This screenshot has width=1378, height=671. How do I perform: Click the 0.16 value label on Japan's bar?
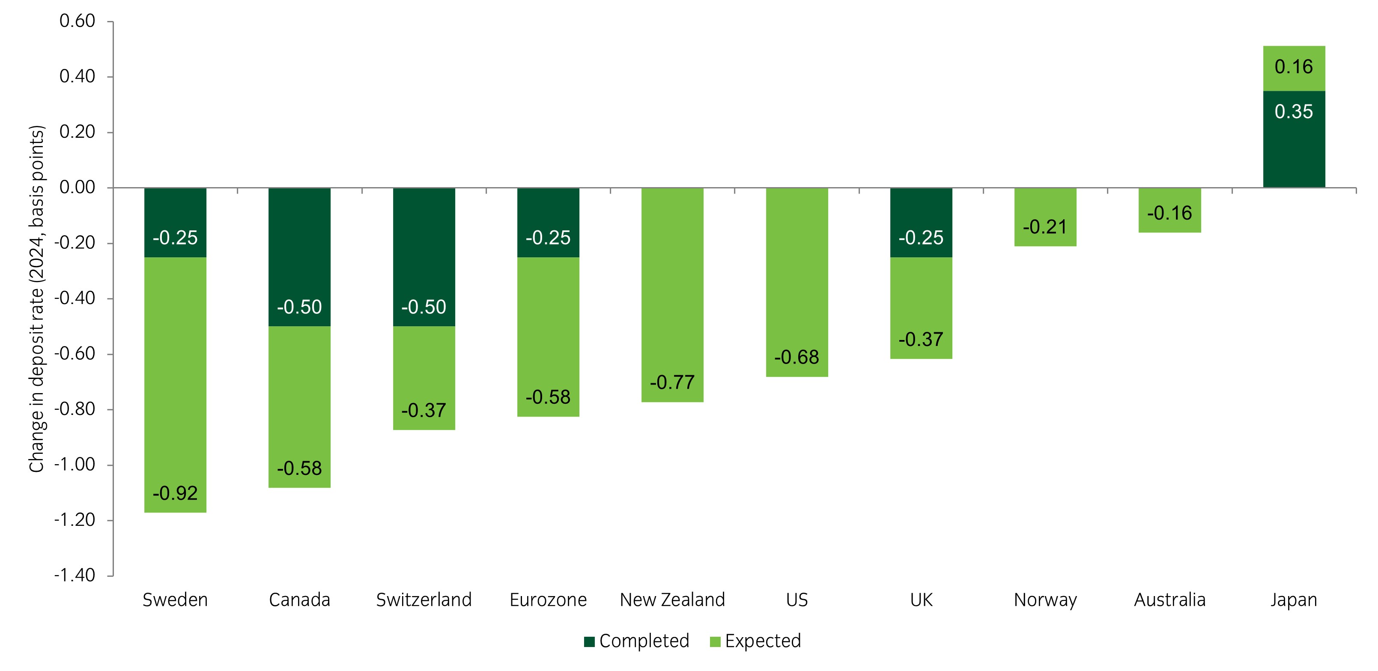pyautogui.click(x=1294, y=67)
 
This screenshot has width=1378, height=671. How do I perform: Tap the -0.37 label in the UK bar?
pyautogui.click(x=921, y=339)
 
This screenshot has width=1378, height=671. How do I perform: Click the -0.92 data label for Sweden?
pyautogui.click(x=175, y=493)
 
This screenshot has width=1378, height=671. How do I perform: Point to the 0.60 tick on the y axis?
pyautogui.click(x=77, y=21)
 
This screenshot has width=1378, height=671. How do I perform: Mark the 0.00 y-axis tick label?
pyautogui.click(x=77, y=187)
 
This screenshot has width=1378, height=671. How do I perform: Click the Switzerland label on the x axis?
pyautogui.click(x=424, y=600)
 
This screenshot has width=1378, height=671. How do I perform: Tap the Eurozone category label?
pyautogui.click(x=548, y=600)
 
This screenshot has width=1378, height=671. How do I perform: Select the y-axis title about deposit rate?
pyautogui.click(x=36, y=298)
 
